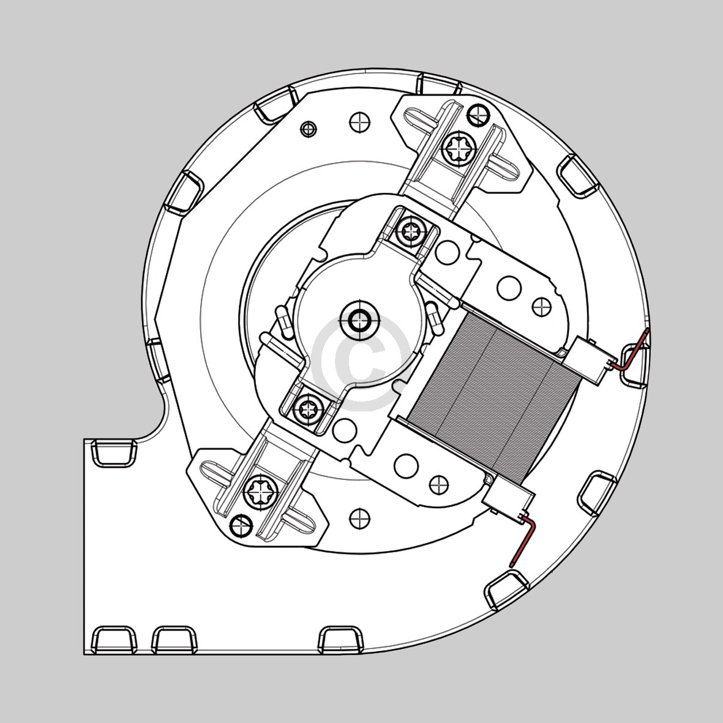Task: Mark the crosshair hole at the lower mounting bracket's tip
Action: (241, 525)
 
